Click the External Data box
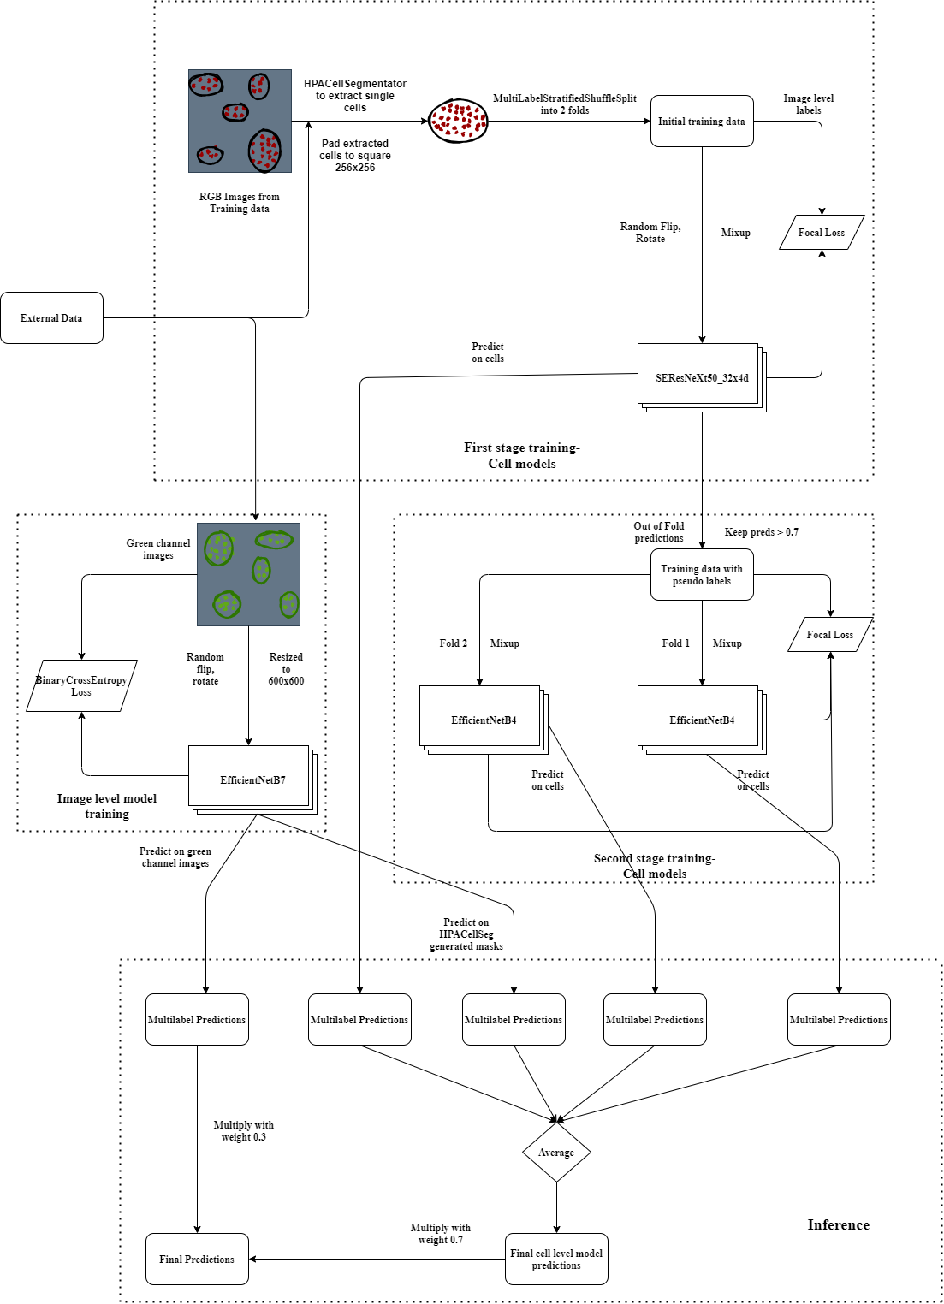tap(51, 317)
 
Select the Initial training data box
tap(701, 121)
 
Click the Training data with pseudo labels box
tap(701, 574)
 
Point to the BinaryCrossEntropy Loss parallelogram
tap(81, 685)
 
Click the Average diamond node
tap(556, 1153)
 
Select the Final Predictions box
tap(197, 1259)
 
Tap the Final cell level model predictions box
tap(556, 1259)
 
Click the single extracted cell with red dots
tap(458, 121)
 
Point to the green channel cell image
tap(248, 574)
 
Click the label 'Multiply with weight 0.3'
tap(244, 1130)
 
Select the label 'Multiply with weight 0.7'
tap(441, 1233)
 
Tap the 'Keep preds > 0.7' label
tap(761, 532)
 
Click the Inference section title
tap(838, 1224)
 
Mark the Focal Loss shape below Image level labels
tap(822, 232)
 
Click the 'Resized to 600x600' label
tap(286, 668)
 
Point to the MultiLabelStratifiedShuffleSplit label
tap(564, 104)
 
